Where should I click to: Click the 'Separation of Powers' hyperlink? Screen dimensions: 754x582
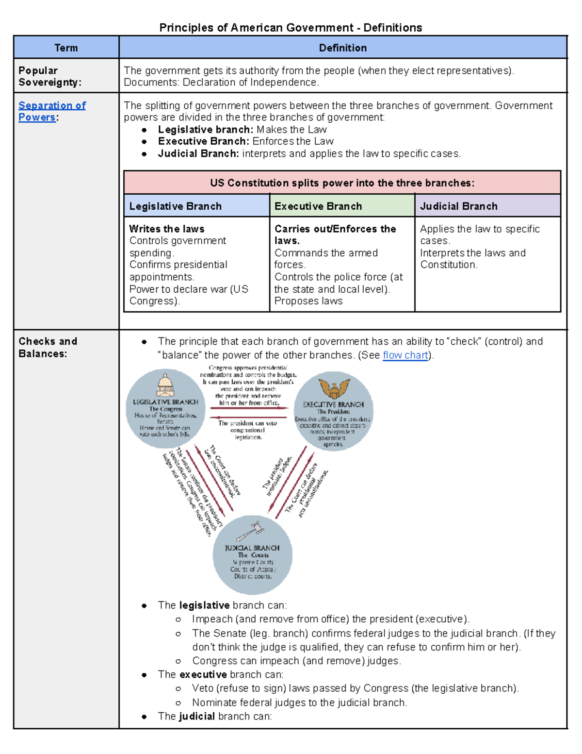52,111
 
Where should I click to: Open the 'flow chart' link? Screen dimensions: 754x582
405,355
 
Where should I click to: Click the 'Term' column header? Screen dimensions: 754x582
66,48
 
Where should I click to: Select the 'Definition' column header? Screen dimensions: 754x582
342,48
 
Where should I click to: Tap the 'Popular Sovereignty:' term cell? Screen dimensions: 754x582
49,76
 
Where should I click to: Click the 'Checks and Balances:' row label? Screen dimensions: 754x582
48,347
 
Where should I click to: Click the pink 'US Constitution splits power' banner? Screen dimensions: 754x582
342,183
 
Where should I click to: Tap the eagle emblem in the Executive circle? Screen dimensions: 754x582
334,388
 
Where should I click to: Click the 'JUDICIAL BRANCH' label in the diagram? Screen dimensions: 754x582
252,548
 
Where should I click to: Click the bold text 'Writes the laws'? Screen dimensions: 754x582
166,229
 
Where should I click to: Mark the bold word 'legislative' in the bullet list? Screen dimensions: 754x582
204,605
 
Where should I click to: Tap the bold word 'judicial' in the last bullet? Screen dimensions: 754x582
197,716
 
